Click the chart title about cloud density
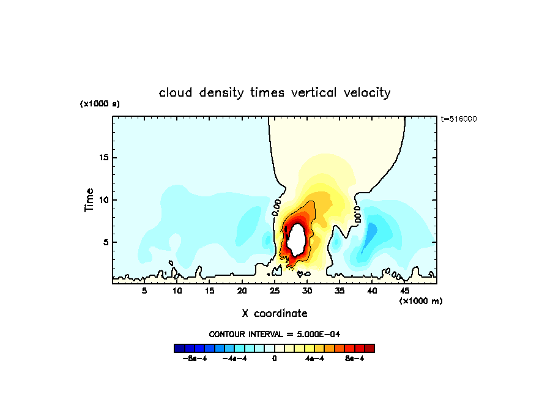click(275, 93)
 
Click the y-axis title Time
click(89, 200)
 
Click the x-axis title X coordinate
click(275, 313)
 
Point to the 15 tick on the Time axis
click(103, 157)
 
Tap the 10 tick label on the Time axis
click(103, 200)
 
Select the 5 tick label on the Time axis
click(106, 242)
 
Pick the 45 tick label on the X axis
click(404, 291)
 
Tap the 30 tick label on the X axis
click(306, 291)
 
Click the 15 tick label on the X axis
click(209, 291)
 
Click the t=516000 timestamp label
click(459, 119)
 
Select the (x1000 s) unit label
click(100, 104)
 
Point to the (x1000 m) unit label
click(421, 301)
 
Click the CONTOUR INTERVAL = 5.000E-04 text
click(275, 334)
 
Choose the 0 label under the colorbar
click(275, 358)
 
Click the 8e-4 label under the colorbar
click(354, 358)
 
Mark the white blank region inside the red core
click(297, 240)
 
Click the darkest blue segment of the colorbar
click(179, 348)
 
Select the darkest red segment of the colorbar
click(369, 348)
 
